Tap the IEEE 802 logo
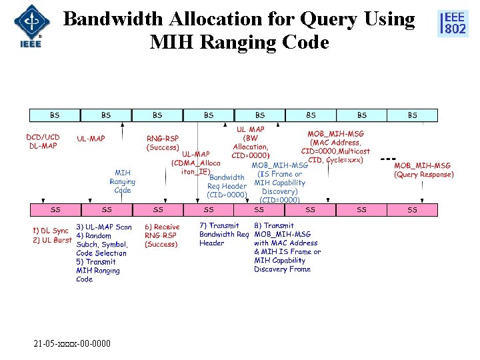point(452,23)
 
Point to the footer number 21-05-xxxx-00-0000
point(72,343)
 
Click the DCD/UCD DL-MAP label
point(43,141)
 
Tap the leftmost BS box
point(54,115)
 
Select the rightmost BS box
point(412,115)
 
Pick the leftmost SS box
point(55,210)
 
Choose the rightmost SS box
point(412,210)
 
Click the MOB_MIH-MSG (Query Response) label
point(423,170)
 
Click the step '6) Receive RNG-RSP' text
point(161,235)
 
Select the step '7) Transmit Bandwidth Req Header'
point(223,234)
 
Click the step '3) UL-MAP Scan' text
point(103,227)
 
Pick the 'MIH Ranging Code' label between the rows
point(123,181)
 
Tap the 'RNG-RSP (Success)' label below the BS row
point(163,143)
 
